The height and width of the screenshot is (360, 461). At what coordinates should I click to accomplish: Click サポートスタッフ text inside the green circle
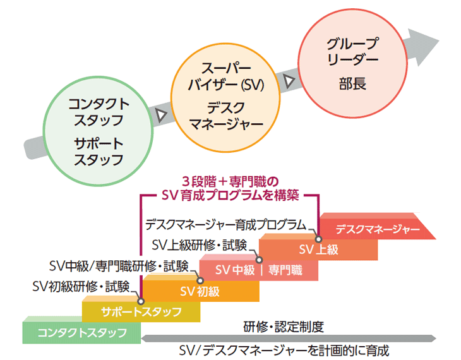pos(98,150)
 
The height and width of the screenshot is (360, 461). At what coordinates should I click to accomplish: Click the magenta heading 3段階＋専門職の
pos(230,179)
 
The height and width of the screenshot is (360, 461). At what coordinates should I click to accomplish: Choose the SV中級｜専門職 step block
pos(259,270)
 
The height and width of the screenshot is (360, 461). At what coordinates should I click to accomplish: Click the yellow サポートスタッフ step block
pos(141,311)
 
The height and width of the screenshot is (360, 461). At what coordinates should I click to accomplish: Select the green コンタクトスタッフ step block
pos(81,332)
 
